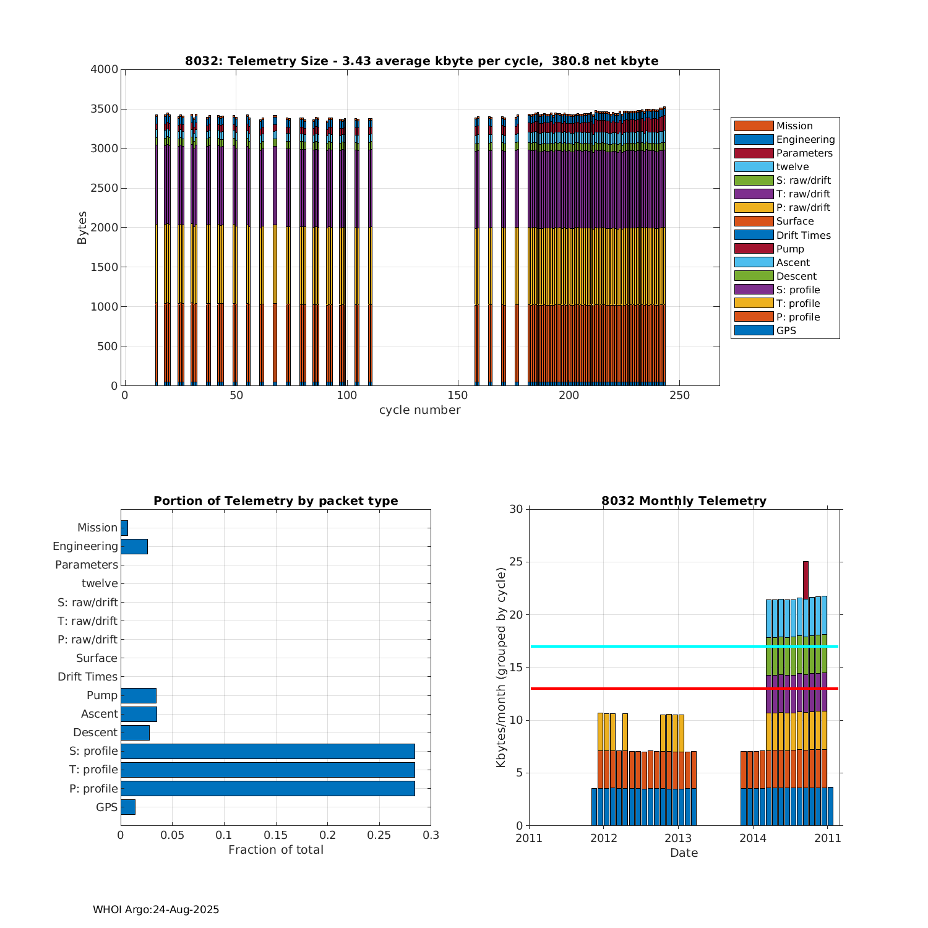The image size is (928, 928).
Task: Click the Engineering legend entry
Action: (x=805, y=139)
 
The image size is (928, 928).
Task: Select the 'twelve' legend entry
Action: (x=792, y=166)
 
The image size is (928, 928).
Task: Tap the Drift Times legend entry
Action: (x=803, y=235)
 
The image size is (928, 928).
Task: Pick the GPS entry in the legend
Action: (x=786, y=330)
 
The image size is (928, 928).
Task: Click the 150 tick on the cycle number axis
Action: (x=458, y=395)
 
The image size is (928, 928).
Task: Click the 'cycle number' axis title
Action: (x=419, y=410)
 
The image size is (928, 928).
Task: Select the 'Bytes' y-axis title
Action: (x=82, y=228)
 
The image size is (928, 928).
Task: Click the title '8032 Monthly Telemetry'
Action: (x=684, y=501)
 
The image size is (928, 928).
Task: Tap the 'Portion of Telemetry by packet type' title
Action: (x=275, y=501)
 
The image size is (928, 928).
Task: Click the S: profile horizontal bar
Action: (x=267, y=751)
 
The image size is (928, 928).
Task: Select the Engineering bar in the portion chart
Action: (x=134, y=546)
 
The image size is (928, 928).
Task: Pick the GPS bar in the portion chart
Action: (x=128, y=807)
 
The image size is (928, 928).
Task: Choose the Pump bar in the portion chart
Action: (x=139, y=695)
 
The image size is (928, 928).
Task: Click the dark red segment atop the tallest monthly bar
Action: (x=806, y=580)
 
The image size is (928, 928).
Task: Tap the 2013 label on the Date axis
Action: (x=678, y=838)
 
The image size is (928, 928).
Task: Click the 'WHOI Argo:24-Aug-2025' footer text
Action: (x=156, y=909)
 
